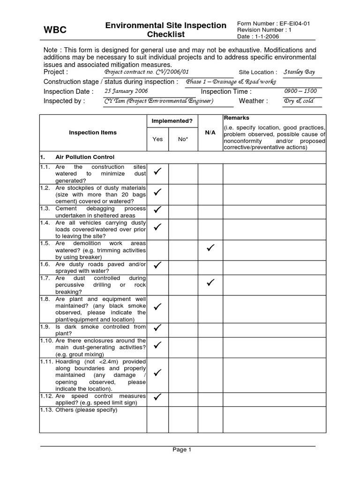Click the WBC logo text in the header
tap(55, 30)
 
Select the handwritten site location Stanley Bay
tap(300, 72)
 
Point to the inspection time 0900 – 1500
tap(300, 91)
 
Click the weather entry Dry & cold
tap(299, 101)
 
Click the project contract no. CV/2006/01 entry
tap(146, 72)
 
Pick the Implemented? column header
tap(172, 121)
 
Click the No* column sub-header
tap(183, 139)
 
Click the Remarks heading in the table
tap(236, 118)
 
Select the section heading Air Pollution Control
tap(84, 157)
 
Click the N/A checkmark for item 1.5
tap(210, 247)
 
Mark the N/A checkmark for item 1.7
tap(210, 282)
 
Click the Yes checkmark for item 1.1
tap(158, 172)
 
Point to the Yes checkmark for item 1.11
tap(158, 373)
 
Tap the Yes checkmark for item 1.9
tap(158, 327)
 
